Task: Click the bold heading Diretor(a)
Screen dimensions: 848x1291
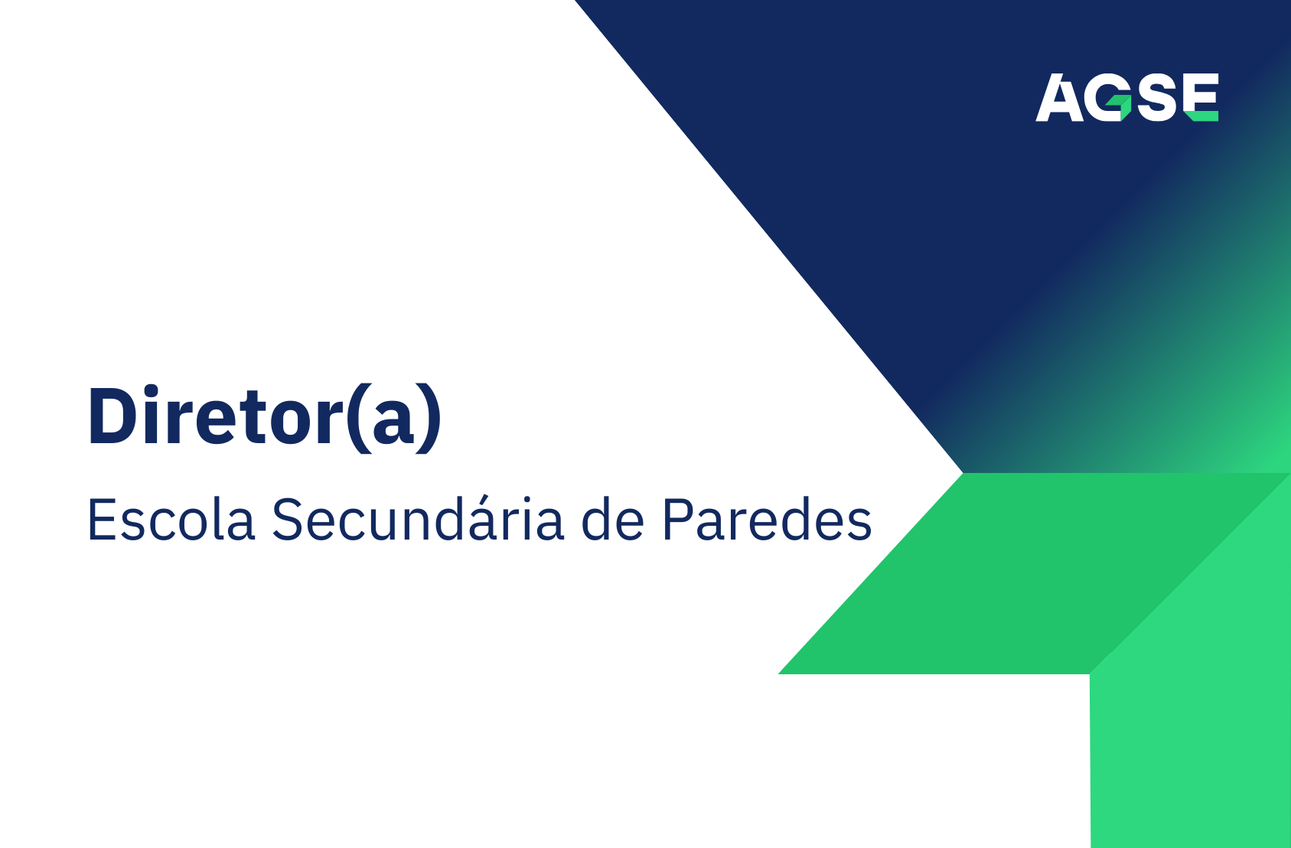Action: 265,416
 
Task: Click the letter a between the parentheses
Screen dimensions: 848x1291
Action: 393,426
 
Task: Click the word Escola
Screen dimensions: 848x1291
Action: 171,520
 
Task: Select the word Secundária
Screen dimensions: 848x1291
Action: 418,520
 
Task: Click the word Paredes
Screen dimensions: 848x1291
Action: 767,520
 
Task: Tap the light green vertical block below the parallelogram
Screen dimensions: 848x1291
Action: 1190,758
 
